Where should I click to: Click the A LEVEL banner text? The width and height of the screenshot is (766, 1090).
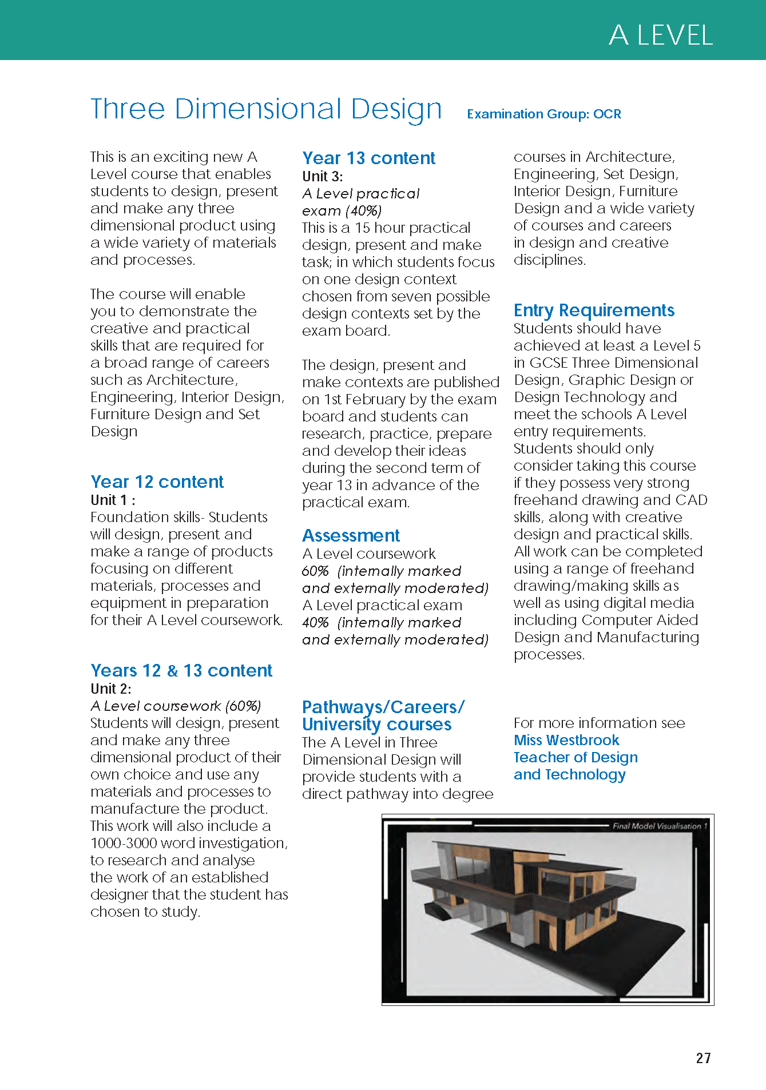661,35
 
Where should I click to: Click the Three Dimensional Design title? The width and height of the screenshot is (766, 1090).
266,109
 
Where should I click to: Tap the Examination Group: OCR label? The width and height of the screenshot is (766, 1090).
543,114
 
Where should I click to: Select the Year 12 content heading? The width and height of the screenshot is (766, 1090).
157,482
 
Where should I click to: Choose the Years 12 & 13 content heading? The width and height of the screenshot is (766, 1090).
181,670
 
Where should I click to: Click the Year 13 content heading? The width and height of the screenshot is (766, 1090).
368,158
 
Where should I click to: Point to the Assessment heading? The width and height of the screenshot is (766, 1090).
351,535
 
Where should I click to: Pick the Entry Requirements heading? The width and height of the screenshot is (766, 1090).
594,310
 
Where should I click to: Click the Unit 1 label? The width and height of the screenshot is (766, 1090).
113,500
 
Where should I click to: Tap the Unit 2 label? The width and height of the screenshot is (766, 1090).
111,689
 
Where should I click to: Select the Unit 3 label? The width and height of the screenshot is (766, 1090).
323,176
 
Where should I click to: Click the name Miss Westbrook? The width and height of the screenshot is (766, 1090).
566,740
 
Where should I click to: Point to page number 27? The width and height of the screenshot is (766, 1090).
703,1058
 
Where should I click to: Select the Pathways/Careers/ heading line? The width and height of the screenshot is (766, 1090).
383,707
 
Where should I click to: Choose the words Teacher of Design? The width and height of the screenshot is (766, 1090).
576,757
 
